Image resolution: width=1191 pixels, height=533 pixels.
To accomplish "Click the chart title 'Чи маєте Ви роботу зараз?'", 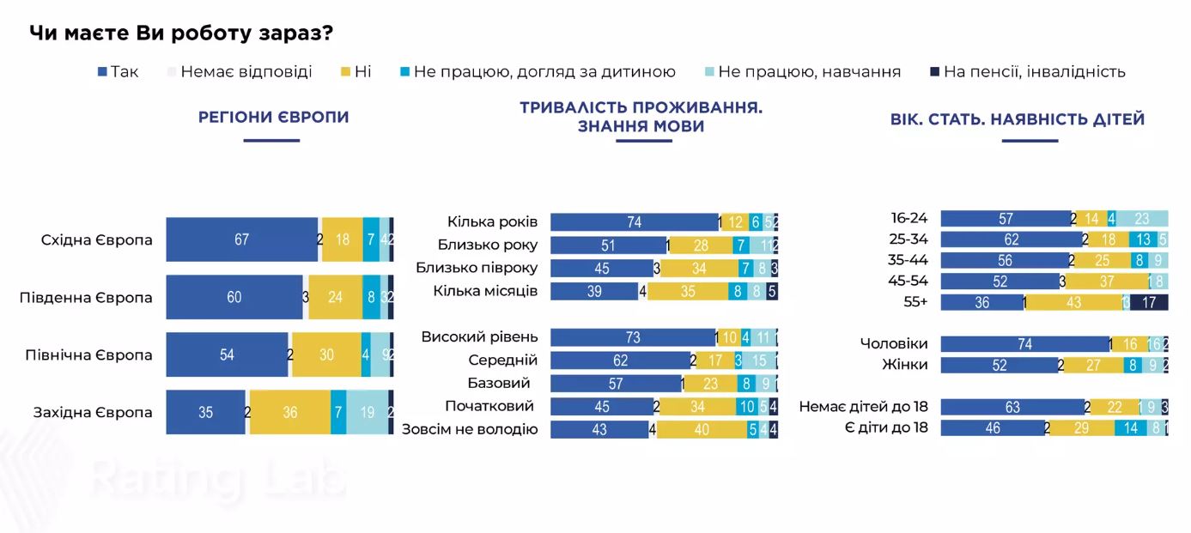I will (x=181, y=33).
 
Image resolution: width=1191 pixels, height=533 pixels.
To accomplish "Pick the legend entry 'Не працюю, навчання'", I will (x=808, y=72).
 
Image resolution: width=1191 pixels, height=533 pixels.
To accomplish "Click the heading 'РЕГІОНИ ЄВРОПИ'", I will (x=273, y=118).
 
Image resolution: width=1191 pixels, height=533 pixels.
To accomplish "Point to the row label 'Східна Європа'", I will (x=96, y=239).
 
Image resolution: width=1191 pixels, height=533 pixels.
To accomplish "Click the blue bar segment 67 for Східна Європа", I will (x=241, y=239).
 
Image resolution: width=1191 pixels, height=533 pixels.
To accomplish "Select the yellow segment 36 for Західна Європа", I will (x=290, y=412).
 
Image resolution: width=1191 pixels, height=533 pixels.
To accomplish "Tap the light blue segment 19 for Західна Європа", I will (x=367, y=412).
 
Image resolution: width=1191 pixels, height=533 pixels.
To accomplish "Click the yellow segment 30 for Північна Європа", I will (x=326, y=354).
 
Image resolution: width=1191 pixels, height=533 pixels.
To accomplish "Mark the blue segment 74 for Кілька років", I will (x=634, y=222).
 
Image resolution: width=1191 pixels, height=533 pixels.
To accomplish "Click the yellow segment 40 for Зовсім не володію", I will (x=702, y=429).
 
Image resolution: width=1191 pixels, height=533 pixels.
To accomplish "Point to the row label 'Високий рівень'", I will (x=479, y=336).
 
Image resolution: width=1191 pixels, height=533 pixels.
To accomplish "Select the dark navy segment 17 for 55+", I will (x=1149, y=302).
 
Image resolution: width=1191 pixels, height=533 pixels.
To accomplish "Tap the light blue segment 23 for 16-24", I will (x=1142, y=219).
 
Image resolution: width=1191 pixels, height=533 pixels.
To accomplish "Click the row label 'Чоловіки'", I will (x=893, y=343).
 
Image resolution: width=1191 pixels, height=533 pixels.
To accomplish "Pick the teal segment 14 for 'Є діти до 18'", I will (x=1130, y=427).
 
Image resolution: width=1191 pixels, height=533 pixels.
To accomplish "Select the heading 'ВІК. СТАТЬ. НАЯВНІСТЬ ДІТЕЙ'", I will (x=1018, y=119).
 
